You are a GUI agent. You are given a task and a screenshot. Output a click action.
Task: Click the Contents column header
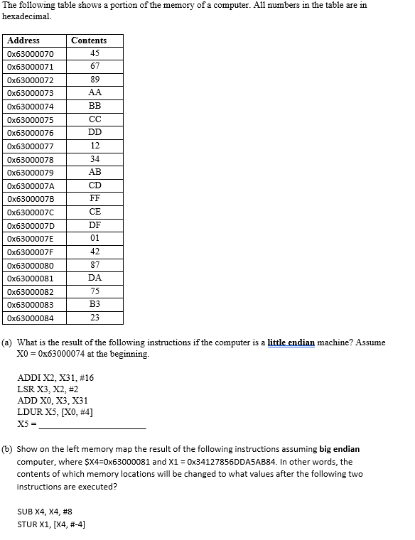89,40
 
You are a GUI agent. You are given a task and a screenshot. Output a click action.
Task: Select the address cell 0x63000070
35,54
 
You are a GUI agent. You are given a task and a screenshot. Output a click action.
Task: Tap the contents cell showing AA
95,93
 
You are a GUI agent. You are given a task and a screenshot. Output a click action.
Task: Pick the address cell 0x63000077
35,146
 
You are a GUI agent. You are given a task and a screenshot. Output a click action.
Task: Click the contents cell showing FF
95,198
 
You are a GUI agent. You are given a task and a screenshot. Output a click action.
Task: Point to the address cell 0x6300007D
35,225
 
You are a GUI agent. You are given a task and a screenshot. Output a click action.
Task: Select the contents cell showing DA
95,278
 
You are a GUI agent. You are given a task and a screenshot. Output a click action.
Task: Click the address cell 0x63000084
35,318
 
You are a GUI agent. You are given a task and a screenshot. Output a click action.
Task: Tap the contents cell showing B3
95,304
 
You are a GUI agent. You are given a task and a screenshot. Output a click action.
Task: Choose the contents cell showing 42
95,252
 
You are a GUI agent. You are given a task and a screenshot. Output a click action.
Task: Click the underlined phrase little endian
291,342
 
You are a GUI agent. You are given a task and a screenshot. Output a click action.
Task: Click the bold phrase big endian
340,449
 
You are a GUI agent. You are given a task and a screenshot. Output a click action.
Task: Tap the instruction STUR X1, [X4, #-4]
51,525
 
